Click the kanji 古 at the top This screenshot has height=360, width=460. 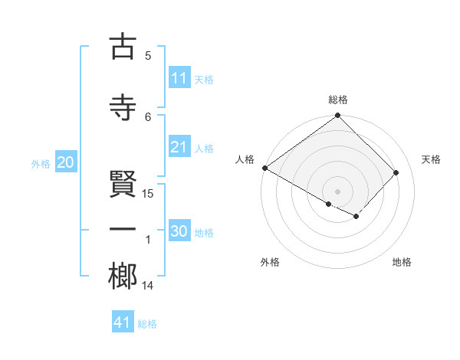point(123,47)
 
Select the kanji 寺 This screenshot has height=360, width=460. point(123,106)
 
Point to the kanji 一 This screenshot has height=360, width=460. point(123,231)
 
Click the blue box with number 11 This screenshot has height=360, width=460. point(179,78)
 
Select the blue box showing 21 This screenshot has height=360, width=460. point(179,148)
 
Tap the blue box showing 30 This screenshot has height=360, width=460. point(179,232)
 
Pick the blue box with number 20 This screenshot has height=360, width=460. point(66,162)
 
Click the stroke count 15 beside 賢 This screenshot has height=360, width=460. point(149,193)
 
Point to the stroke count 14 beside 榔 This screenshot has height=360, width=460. point(148,286)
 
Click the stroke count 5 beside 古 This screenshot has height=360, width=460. point(148,55)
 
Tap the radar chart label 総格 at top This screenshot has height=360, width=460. point(338,100)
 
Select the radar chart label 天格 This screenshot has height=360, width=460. point(432,159)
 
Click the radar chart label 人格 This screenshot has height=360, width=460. point(245,159)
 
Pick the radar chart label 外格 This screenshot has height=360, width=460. point(270,262)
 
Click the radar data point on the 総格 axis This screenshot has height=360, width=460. point(338,116)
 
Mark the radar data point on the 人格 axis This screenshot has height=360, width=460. point(264,168)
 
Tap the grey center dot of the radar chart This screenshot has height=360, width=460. point(338,191)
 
